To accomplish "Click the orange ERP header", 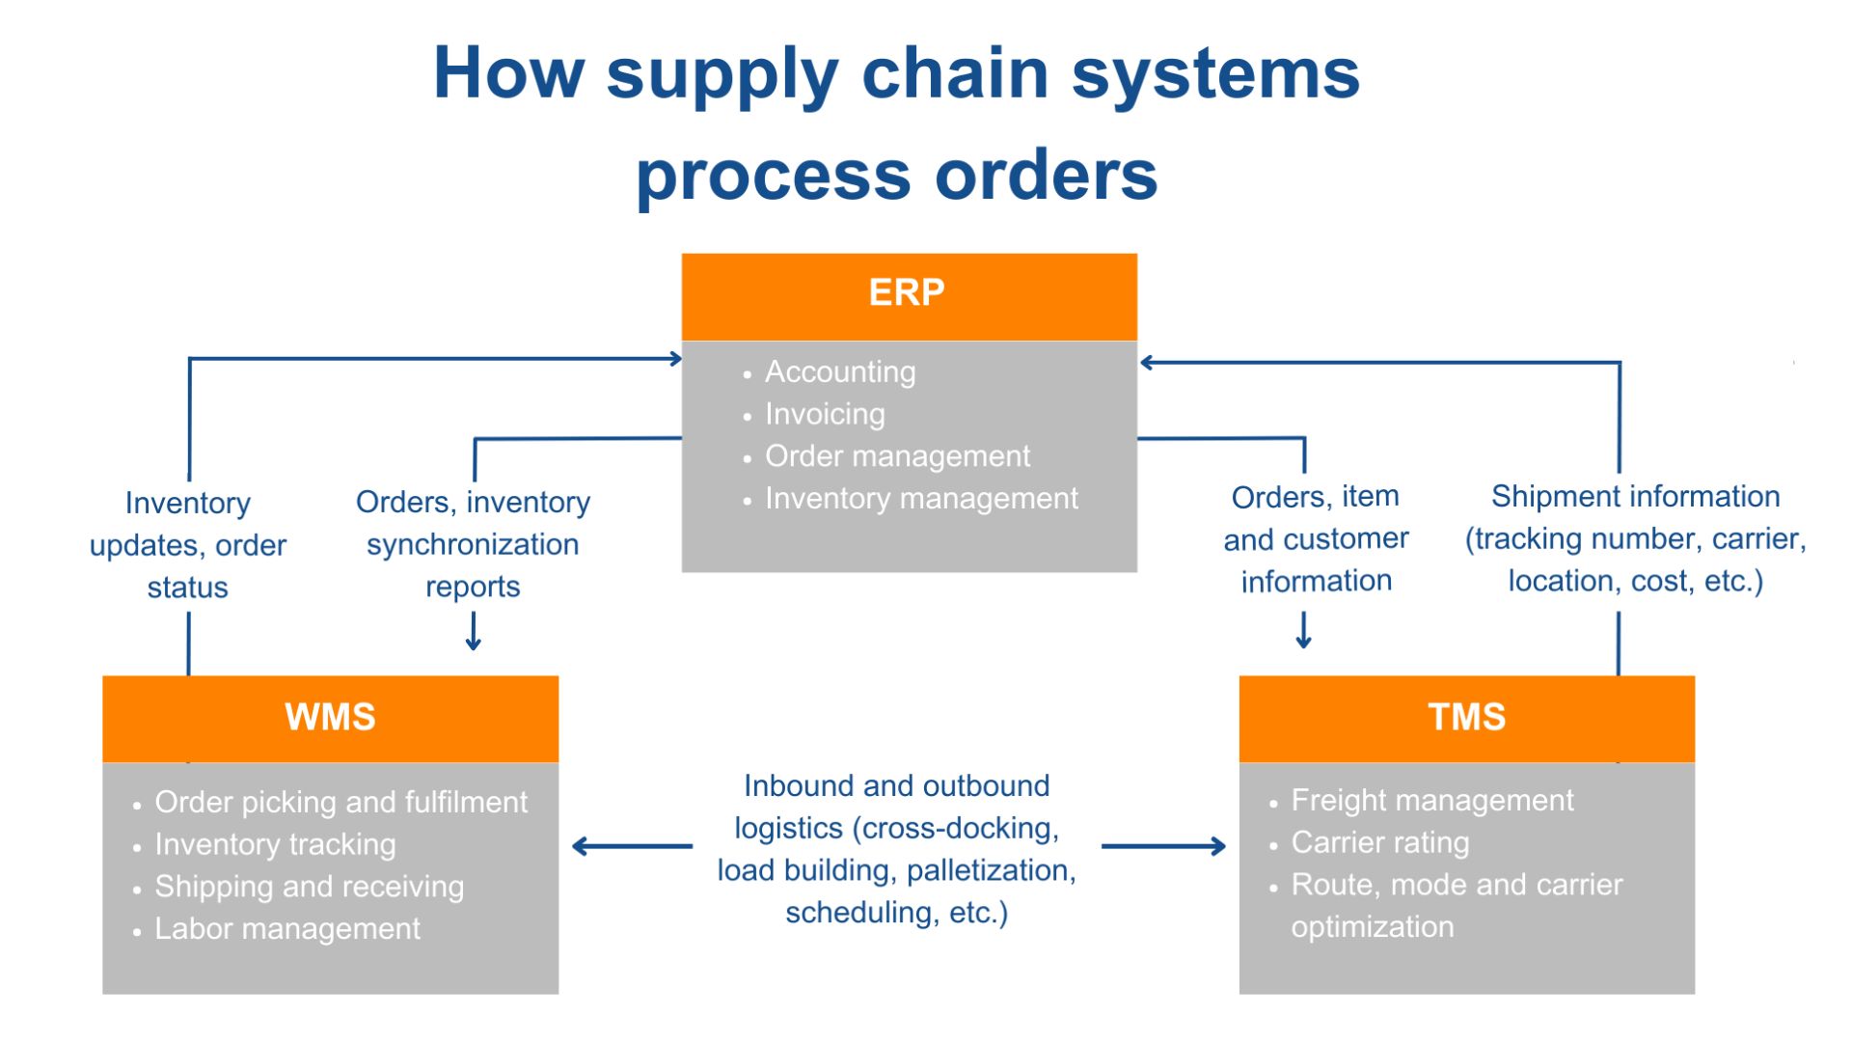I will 909,293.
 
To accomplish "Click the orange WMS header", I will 330,718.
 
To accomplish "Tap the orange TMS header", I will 1466,718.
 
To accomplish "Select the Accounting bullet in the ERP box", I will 839,371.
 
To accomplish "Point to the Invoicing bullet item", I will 825,414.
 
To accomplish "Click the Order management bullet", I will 897,456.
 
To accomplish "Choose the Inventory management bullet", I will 921,499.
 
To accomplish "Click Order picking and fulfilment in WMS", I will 340,802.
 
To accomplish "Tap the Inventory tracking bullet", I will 275,844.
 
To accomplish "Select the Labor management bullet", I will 287,929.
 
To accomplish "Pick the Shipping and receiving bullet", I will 309,887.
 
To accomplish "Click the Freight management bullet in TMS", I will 1432,800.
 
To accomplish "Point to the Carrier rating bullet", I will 1380,842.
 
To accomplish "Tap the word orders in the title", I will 1046,176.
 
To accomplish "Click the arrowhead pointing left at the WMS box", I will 579,847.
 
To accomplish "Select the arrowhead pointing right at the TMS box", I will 1218,847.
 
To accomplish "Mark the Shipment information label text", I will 1635,497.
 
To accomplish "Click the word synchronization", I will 473,545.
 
